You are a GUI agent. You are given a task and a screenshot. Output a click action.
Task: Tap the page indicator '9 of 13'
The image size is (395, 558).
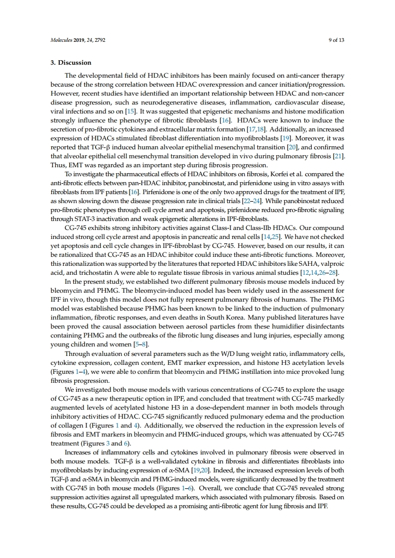pos(336,39)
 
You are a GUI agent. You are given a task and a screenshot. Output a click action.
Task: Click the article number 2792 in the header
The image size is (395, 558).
pos(100,39)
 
